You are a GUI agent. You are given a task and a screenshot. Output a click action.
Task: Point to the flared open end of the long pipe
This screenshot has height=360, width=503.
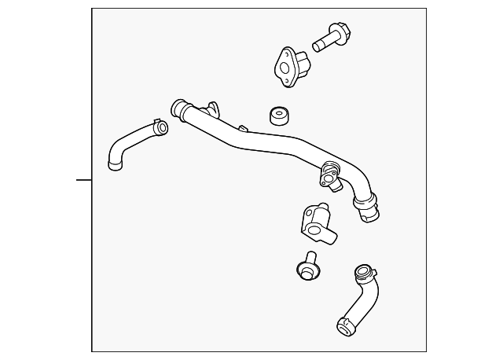178,108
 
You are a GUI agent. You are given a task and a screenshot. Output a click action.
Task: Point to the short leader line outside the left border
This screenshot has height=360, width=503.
83,180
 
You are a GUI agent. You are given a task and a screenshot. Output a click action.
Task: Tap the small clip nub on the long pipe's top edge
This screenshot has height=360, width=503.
244,127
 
